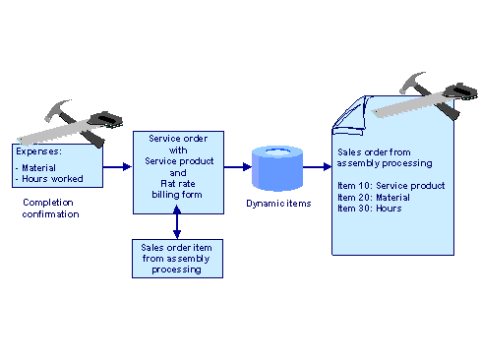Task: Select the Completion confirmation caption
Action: click(50, 208)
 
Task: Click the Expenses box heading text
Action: click(38, 153)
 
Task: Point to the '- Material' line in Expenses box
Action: click(38, 167)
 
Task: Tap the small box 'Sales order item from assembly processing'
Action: click(176, 258)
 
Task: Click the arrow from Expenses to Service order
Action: click(117, 166)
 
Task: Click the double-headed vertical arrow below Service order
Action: click(176, 226)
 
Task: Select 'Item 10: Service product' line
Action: click(390, 185)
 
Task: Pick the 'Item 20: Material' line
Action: click(375, 196)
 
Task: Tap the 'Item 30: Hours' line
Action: click(370, 207)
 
